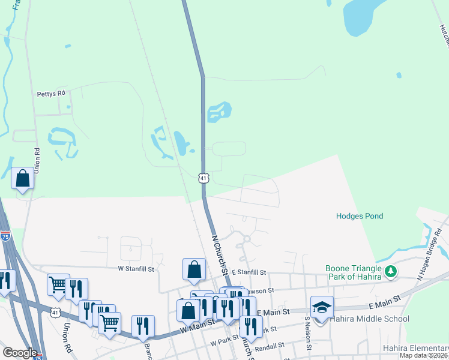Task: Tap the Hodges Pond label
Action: [360, 216]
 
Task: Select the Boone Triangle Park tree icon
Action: [391, 272]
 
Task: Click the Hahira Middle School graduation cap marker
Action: [322, 307]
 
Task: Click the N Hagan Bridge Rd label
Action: [432, 251]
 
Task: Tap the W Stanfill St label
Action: [136, 269]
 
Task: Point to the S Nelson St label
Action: [308, 334]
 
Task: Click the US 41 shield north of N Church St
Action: [203, 178]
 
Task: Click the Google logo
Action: [20, 353]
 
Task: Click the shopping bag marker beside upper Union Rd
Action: [23, 178]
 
